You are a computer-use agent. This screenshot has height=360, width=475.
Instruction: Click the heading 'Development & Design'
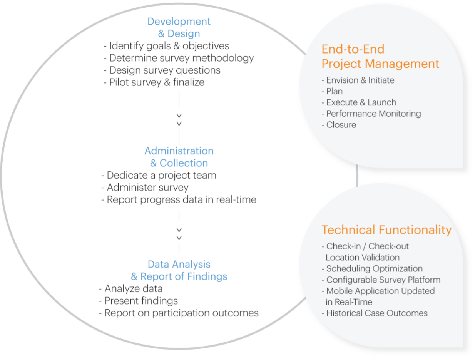click(x=179, y=27)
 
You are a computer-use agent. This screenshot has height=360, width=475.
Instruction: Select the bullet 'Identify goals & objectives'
click(x=166, y=46)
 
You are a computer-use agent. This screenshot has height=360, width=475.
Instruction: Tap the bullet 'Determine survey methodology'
click(x=179, y=58)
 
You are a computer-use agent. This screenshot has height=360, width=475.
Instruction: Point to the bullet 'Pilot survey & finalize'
click(x=154, y=82)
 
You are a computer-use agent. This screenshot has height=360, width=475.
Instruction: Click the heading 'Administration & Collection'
click(x=179, y=157)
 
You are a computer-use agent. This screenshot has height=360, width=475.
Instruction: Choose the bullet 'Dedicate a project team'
click(x=159, y=175)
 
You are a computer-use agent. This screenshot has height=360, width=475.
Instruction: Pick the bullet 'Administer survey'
click(x=145, y=188)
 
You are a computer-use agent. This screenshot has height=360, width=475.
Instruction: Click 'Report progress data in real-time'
click(x=179, y=199)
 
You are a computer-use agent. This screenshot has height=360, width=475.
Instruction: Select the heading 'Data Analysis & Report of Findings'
click(x=179, y=270)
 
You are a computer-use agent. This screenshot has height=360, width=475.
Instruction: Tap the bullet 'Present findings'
click(x=138, y=301)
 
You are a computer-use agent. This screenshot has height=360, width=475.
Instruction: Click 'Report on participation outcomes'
click(x=179, y=313)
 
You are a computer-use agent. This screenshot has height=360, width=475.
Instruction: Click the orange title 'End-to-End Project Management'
click(x=380, y=56)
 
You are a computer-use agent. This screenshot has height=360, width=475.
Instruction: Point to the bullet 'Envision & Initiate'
click(x=358, y=80)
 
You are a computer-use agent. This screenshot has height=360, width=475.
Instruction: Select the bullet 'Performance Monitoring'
click(x=371, y=114)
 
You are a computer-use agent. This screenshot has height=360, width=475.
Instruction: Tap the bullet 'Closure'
click(x=339, y=125)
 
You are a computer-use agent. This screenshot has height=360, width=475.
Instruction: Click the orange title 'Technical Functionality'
click(x=386, y=230)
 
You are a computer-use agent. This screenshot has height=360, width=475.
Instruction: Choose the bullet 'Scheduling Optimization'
click(x=372, y=269)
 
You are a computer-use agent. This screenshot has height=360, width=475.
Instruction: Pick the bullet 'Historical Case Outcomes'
click(x=375, y=313)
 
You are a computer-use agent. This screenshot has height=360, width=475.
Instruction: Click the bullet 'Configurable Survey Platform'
click(x=381, y=280)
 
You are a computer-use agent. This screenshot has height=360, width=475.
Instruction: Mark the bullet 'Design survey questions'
click(x=162, y=70)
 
